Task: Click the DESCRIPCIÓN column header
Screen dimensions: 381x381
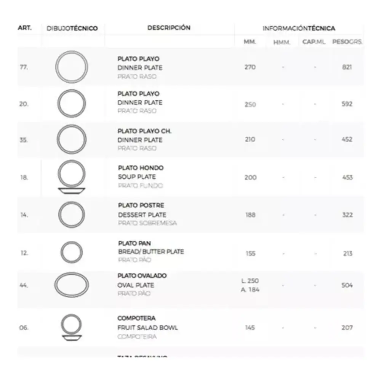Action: click(x=169, y=28)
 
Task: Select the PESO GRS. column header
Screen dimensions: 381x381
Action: click(x=347, y=42)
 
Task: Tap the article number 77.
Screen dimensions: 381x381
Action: click(x=24, y=67)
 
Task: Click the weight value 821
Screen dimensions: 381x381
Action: click(x=347, y=67)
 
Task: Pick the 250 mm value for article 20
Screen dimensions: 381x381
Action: click(x=250, y=104)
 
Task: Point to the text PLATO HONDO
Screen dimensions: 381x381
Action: click(x=141, y=168)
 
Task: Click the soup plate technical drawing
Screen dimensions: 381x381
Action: click(x=71, y=177)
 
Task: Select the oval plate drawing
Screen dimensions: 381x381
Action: click(x=72, y=285)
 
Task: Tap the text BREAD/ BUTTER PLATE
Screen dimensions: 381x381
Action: click(x=151, y=252)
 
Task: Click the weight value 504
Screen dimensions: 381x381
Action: click(x=347, y=285)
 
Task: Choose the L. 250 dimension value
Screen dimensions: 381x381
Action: click(x=250, y=281)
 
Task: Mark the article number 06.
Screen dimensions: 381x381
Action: click(x=24, y=328)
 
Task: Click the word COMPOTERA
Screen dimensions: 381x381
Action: click(x=136, y=319)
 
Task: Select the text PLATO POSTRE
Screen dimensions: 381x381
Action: click(x=141, y=206)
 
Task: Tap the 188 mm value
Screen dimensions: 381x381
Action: click(x=250, y=215)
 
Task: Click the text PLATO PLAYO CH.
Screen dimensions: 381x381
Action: click(x=144, y=131)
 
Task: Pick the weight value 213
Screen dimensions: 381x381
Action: click(x=347, y=254)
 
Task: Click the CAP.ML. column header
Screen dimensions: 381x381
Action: click(x=314, y=42)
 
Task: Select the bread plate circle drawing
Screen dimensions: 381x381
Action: click(x=72, y=252)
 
